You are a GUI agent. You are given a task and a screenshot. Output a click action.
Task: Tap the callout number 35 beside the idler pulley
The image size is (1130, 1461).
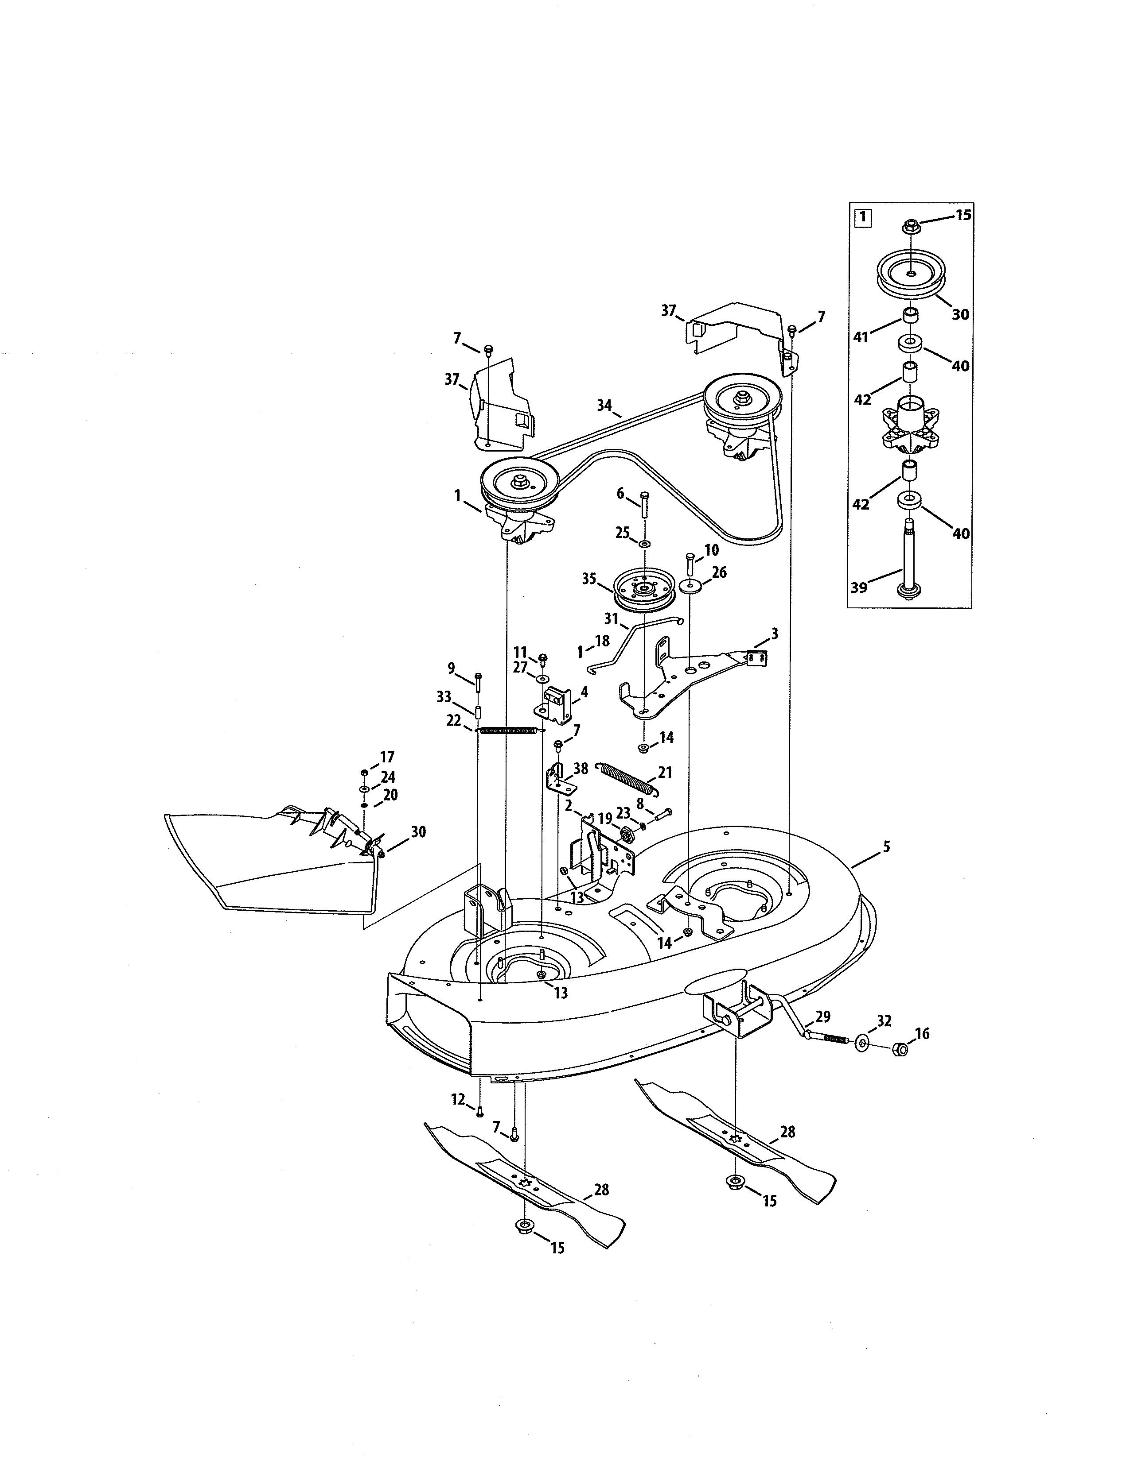pyautogui.click(x=589, y=579)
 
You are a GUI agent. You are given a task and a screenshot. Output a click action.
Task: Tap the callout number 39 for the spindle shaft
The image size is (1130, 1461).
pyautogui.click(x=858, y=587)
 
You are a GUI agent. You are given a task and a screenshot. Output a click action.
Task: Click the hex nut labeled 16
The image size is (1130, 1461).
pyautogui.click(x=901, y=1050)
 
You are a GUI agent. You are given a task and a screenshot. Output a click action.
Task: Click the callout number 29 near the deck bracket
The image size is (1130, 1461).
pyautogui.click(x=823, y=1017)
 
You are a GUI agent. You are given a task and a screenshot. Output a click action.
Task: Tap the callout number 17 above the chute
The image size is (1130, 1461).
pyautogui.click(x=387, y=757)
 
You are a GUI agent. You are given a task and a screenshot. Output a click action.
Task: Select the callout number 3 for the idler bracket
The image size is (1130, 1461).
pyautogui.click(x=775, y=633)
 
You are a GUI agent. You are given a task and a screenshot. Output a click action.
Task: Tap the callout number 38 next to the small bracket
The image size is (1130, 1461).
pyautogui.click(x=581, y=769)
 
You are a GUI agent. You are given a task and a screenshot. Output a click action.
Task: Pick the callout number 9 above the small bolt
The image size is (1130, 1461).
pyautogui.click(x=451, y=668)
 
